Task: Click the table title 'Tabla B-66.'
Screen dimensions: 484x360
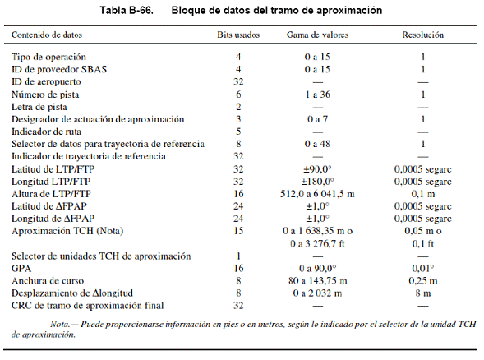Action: click(x=127, y=11)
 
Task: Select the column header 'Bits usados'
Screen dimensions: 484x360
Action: click(x=238, y=35)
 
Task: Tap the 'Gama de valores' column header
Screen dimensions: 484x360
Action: click(x=318, y=35)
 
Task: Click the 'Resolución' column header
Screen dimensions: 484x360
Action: click(x=423, y=35)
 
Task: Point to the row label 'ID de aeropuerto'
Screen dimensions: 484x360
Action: click(x=46, y=82)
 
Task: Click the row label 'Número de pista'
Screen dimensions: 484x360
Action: click(x=45, y=95)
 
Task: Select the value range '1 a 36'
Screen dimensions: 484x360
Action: click(x=318, y=95)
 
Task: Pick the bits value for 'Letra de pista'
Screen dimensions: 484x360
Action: click(x=238, y=107)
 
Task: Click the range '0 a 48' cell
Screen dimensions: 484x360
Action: click(x=318, y=144)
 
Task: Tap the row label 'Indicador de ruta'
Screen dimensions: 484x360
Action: click(x=46, y=132)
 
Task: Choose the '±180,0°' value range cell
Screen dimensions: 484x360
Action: click(x=318, y=182)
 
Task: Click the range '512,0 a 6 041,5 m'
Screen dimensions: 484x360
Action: click(x=318, y=194)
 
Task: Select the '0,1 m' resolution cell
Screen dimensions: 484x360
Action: click(x=423, y=194)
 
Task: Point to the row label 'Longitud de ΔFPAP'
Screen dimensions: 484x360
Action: click(x=53, y=219)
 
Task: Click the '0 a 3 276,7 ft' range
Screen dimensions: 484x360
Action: click(x=318, y=244)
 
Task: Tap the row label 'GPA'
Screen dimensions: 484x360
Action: click(x=21, y=268)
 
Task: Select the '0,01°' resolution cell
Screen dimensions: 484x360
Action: click(x=423, y=268)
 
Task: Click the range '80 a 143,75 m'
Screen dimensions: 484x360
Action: click(x=318, y=280)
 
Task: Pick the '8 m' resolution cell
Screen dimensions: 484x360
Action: click(x=423, y=293)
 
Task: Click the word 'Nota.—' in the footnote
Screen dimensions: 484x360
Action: click(x=64, y=324)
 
